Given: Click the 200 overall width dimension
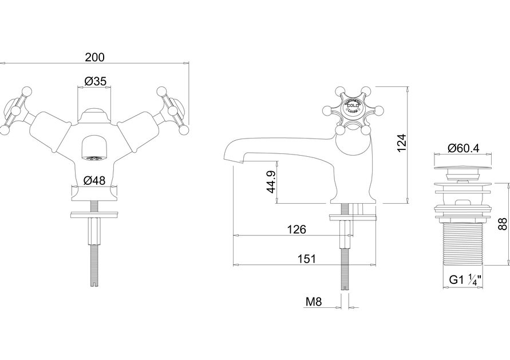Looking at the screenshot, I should click(94, 57).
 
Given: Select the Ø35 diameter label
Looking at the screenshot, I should click(95, 82).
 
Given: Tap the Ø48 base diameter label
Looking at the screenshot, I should click(94, 180).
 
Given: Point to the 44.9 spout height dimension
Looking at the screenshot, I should click(272, 182).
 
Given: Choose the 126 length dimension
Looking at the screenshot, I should click(296, 230).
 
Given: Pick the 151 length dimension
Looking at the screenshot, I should click(306, 259).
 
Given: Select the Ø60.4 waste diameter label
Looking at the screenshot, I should click(464, 149).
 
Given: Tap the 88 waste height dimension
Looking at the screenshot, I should click(502, 224).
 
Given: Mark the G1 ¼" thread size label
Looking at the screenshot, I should click(464, 280).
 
